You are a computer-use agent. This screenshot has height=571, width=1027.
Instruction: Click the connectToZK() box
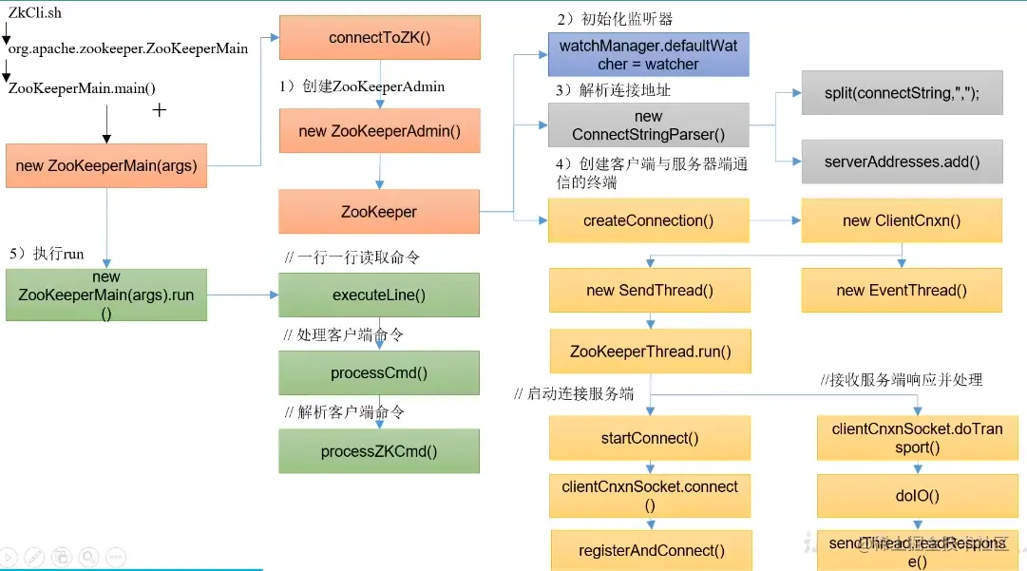pyautogui.click(x=379, y=39)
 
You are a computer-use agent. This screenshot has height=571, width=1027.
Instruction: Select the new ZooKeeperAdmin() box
pyautogui.click(x=379, y=131)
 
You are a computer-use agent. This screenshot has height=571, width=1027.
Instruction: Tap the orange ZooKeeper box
pyautogui.click(x=379, y=212)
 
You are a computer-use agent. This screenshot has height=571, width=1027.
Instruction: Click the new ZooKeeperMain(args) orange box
pyautogui.click(x=105, y=165)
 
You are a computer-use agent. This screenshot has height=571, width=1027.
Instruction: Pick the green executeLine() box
pyautogui.click(x=379, y=295)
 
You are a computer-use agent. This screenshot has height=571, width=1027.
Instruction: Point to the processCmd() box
pyautogui.click(x=379, y=373)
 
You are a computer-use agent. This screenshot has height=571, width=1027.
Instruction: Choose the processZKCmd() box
pyautogui.click(x=379, y=451)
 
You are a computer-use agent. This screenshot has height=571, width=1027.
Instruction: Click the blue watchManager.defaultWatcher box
pyautogui.click(x=649, y=55)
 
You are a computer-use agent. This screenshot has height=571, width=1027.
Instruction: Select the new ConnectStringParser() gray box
pyautogui.click(x=649, y=125)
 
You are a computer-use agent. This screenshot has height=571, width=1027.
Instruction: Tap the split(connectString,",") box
pyautogui.click(x=902, y=93)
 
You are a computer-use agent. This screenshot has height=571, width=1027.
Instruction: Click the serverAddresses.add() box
pyautogui.click(x=902, y=162)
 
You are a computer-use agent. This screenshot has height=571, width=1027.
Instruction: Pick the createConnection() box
pyautogui.click(x=649, y=220)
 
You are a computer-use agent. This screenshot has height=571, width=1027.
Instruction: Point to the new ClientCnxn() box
pyautogui.click(x=902, y=220)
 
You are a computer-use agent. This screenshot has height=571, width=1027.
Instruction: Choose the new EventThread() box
pyautogui.click(x=902, y=291)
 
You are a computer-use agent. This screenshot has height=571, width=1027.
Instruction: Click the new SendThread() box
pyautogui.click(x=649, y=291)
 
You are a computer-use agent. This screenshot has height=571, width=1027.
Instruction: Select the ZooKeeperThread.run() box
pyautogui.click(x=651, y=352)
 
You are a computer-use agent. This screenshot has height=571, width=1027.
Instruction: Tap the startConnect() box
pyautogui.click(x=651, y=438)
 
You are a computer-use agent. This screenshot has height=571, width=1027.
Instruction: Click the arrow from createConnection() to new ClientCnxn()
pyautogui.click(x=774, y=220)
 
